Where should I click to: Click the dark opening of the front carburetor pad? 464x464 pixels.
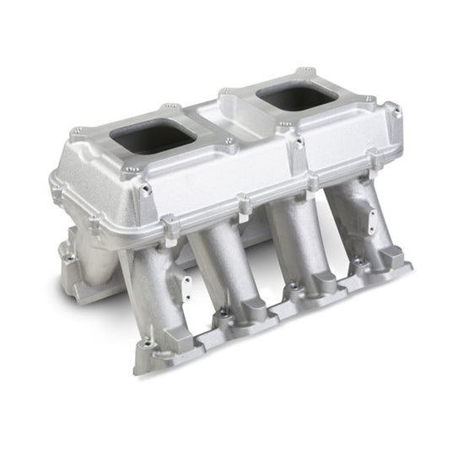click(x=153, y=136)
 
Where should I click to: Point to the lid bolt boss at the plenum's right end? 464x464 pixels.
click(x=391, y=109)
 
